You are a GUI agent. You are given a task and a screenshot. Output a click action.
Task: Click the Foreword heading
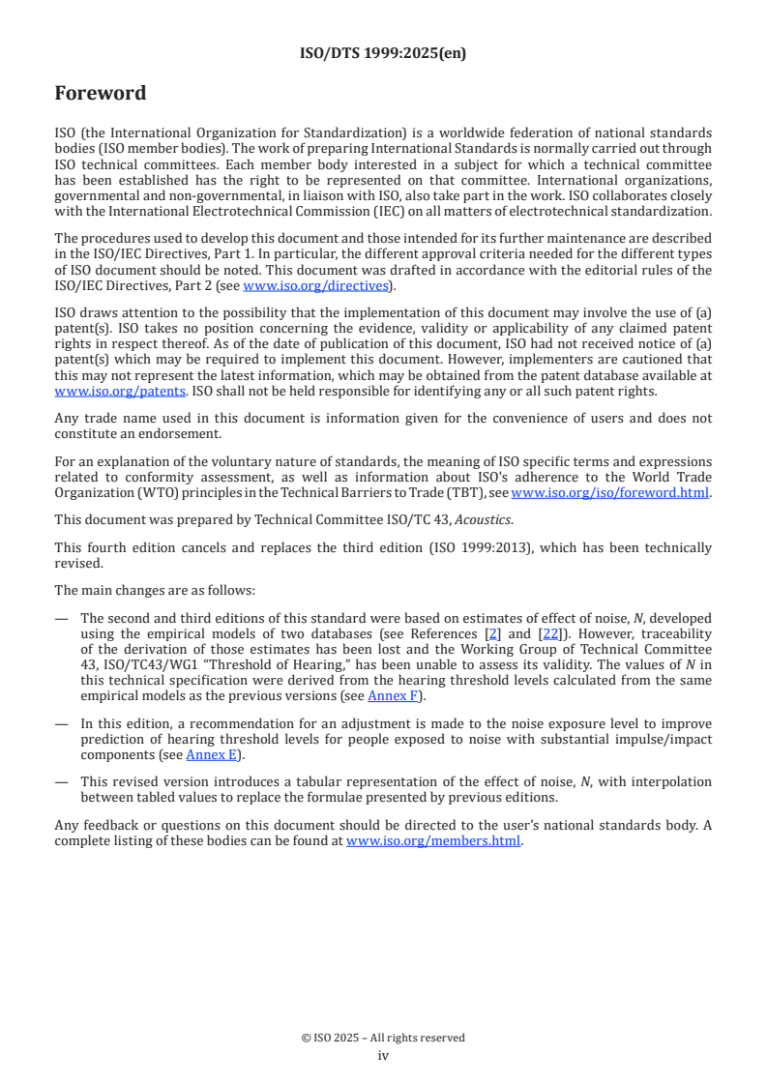[x=101, y=94]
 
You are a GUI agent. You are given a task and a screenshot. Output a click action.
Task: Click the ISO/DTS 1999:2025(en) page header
[x=383, y=54]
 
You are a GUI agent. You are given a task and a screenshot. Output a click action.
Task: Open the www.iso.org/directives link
[x=315, y=285]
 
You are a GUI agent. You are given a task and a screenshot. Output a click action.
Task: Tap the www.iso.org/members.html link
[x=433, y=840]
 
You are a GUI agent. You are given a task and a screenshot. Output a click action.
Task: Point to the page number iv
[x=383, y=1055]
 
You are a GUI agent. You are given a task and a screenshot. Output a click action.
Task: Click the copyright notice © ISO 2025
[x=383, y=1038]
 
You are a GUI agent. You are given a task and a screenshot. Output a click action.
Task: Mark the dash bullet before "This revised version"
[x=62, y=781]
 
